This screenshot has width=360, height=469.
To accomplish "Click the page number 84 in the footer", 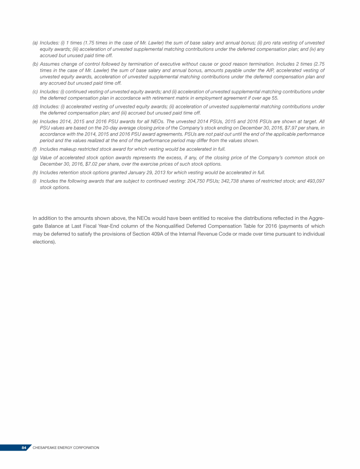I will coord(24,448).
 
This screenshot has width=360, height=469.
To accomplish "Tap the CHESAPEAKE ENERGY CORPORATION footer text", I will coord(66,448).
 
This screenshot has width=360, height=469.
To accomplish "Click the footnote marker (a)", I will coord(35,43).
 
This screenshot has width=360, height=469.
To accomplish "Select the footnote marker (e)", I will coord(35,121).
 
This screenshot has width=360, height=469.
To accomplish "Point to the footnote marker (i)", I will coord(35,181).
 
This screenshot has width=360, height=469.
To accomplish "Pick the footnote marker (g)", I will coord(35,158).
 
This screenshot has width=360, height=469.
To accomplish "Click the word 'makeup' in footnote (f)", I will coord(67,149).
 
